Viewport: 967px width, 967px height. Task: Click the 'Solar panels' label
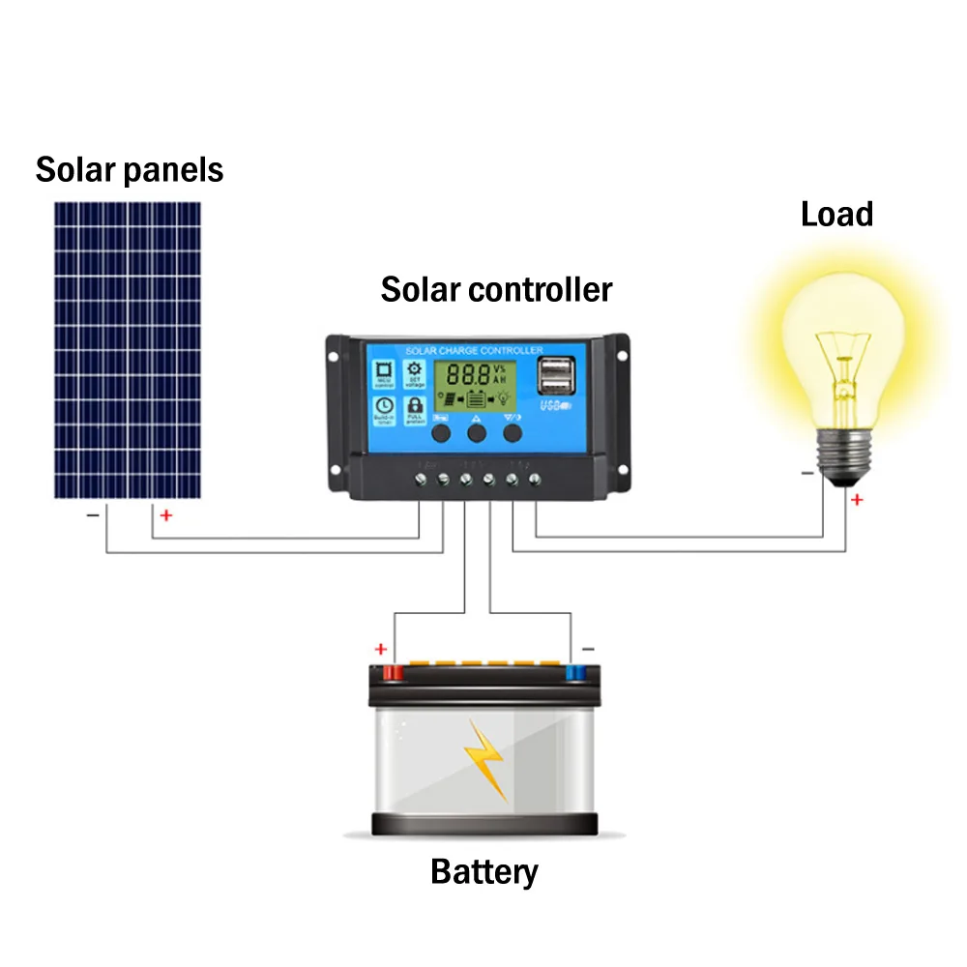click(x=129, y=170)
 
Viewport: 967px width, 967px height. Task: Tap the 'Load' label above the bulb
click(x=836, y=214)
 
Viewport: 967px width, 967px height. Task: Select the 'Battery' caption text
click(x=483, y=871)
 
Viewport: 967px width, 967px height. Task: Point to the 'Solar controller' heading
click(x=496, y=289)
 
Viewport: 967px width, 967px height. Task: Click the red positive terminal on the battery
click(x=394, y=671)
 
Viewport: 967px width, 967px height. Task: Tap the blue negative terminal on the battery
click(x=574, y=671)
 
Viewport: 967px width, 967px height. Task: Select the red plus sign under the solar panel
click(x=165, y=516)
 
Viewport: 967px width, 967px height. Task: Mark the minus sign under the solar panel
click(x=93, y=515)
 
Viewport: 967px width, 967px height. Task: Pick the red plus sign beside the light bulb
click(x=856, y=500)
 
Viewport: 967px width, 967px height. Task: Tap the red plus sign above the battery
click(x=381, y=649)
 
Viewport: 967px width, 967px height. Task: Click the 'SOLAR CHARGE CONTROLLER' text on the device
click(x=474, y=350)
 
